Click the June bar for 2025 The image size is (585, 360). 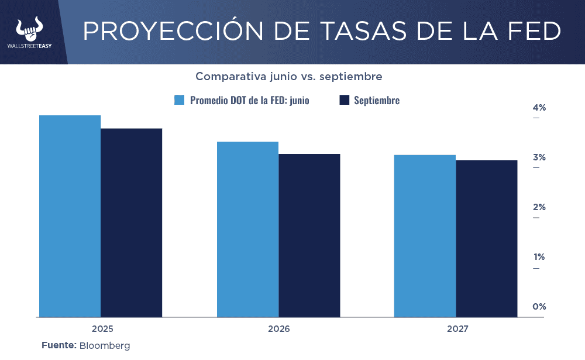pos(70,216)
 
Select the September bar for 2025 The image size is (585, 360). pos(132,222)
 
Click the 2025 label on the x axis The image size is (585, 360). pos(102,329)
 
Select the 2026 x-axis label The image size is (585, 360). pos(279,329)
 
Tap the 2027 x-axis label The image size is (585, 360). pos(457,329)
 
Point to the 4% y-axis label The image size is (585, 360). pos(539,108)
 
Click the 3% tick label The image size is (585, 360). pos(539,157)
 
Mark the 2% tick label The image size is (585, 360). pos(539,207)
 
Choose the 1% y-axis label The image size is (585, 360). pos(539,257)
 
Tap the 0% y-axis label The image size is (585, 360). pos(539,307)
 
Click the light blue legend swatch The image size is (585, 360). pos(180,100)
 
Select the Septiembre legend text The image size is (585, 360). pos(377,100)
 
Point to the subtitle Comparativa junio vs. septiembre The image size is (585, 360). pos(289,77)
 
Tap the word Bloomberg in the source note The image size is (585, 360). pos(105,345)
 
